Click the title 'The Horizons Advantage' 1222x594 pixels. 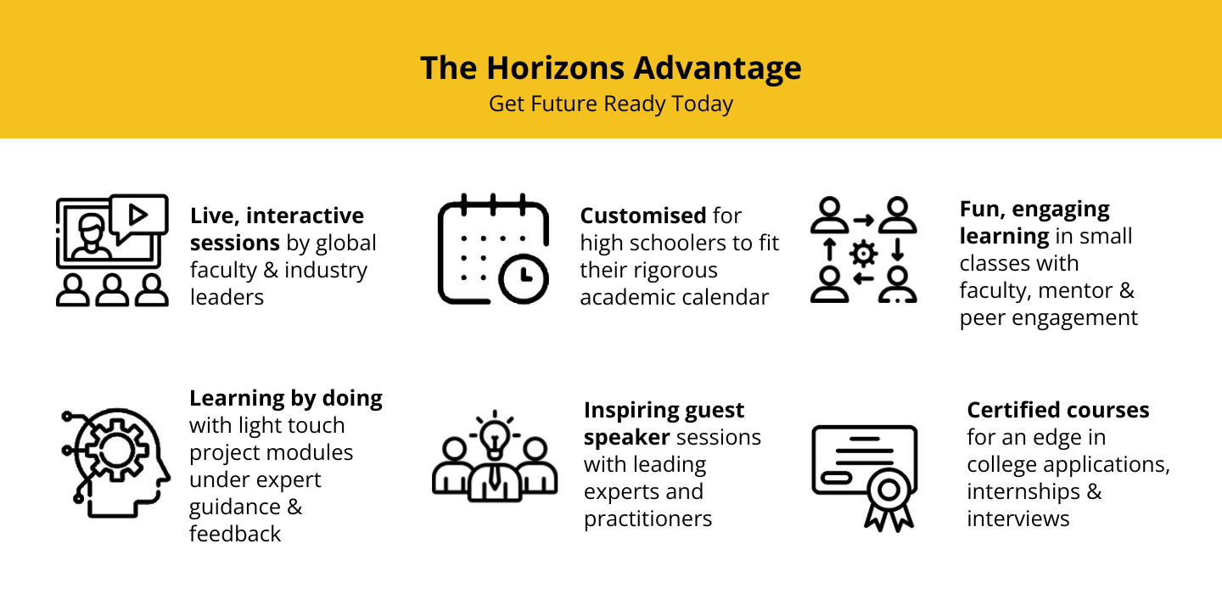[611, 68]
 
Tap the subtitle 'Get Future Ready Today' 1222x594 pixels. [611, 104]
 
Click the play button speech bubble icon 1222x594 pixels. [138, 217]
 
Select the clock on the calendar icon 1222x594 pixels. [524, 278]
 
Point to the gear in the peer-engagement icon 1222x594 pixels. [864, 254]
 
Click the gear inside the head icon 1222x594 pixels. [116, 451]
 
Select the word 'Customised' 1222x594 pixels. [643, 216]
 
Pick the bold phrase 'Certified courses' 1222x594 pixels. [1058, 410]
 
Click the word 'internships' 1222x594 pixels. [1023, 491]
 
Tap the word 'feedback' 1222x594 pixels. [235, 534]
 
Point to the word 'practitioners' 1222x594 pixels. [648, 518]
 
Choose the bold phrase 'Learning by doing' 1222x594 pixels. [286, 398]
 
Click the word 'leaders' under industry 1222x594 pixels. [227, 297]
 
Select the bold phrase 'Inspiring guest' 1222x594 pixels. [664, 410]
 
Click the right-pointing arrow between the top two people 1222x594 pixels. [864, 221]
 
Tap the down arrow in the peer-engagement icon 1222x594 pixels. [898, 249]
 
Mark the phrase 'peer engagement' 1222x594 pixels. [1049, 317]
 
